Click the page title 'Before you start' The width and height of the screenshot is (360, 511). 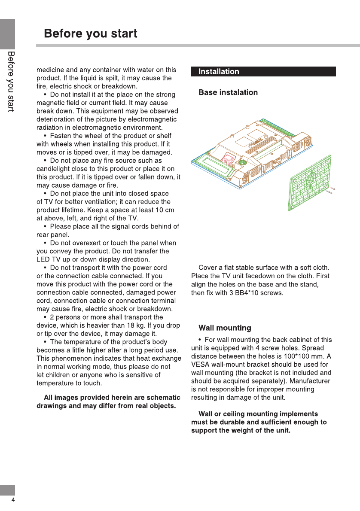point(91,33)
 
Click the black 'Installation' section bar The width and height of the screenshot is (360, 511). point(263,72)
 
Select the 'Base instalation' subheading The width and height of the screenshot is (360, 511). point(228,92)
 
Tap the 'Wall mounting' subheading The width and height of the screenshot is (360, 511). point(225,328)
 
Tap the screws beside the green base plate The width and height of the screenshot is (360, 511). point(332,191)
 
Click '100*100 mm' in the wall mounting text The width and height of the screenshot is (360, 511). point(302,356)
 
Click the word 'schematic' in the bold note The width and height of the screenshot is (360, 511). point(161,398)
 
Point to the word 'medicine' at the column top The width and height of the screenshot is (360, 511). point(50,70)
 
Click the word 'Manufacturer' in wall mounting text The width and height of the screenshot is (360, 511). point(311,381)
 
